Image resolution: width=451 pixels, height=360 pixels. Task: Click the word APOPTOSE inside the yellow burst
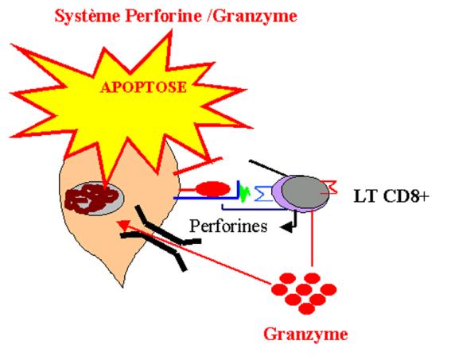pos(143,87)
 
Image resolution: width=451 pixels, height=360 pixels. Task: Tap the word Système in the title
pos(87,16)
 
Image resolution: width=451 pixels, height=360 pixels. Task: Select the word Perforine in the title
pos(163,16)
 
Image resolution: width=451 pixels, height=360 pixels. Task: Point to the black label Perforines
pos(228,226)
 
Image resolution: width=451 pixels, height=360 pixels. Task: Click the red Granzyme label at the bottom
pos(305,335)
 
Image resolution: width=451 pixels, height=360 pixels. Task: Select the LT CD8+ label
pos(391,196)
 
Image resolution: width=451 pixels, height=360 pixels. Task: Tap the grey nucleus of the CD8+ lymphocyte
pos(305,192)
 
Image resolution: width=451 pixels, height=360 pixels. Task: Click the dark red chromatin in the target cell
pos(92,199)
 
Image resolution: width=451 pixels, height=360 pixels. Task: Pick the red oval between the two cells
pos(213,189)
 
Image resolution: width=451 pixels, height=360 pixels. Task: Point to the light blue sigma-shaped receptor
pos(263,193)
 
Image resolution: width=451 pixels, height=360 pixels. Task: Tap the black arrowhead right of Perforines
pos(286,227)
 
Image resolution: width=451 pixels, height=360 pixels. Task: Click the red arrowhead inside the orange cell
pos(122,225)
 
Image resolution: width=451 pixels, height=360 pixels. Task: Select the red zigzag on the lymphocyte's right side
pos(329,188)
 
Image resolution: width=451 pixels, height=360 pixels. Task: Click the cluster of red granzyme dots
pos(304,293)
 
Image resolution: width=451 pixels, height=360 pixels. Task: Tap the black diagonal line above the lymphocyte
pos(267,168)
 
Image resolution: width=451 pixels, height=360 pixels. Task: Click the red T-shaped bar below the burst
pos(197,166)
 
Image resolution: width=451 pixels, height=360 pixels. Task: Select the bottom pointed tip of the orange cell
pos(120,285)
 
